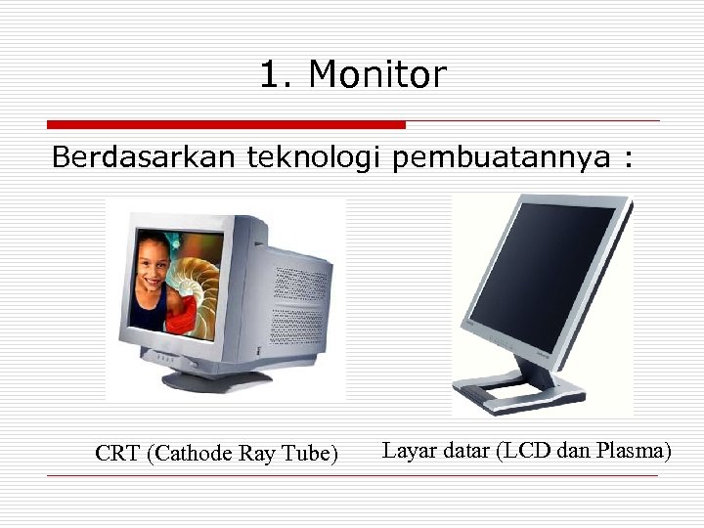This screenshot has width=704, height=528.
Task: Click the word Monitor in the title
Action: tap(377, 74)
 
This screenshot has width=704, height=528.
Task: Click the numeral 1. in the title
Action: tap(278, 74)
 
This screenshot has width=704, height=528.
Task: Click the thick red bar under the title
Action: tap(226, 125)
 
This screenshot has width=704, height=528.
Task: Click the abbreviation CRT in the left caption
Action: tap(118, 454)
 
